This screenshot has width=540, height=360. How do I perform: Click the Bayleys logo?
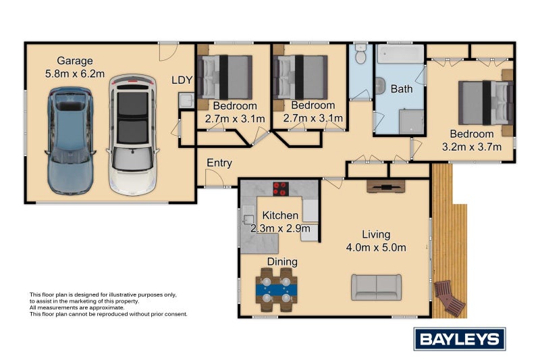[x=459, y=338]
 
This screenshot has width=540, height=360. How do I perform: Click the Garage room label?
[x=75, y=61]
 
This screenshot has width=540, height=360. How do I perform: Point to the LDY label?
[x=182, y=80]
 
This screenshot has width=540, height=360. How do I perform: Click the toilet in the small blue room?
[x=360, y=55]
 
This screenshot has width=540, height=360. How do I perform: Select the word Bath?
[x=402, y=88]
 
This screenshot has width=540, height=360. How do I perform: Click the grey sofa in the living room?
[x=376, y=287]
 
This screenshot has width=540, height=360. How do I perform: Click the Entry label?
[x=219, y=163]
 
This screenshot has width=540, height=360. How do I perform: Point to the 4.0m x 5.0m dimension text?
[x=376, y=247]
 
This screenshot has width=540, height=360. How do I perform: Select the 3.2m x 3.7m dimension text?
[x=472, y=146]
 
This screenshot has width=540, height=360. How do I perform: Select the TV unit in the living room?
[x=385, y=186]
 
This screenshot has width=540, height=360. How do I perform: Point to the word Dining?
[x=282, y=261]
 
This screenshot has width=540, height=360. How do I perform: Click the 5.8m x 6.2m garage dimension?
[x=74, y=74]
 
